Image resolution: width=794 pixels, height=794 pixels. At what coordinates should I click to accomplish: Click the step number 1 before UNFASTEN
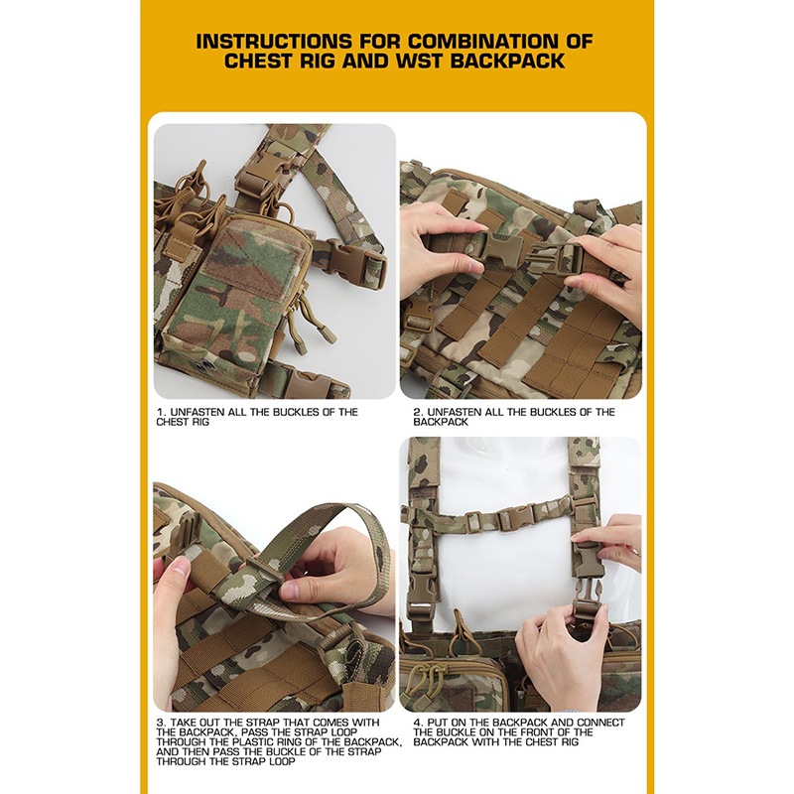(161, 412)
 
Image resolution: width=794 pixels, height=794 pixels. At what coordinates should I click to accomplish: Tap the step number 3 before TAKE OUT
(161, 723)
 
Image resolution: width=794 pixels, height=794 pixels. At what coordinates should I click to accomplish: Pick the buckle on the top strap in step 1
(258, 175)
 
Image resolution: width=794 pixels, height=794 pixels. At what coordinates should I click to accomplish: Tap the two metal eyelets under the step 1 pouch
(206, 364)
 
